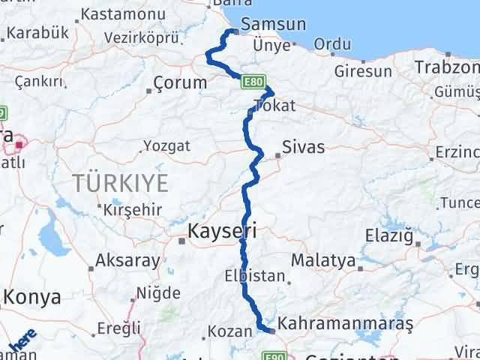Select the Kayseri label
pyautogui.click(x=222, y=232)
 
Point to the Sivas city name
pyautogui.click(x=304, y=147)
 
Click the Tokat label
pyautogui.click(x=275, y=106)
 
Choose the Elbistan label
pyautogui.click(x=254, y=276)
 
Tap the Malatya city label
pyautogui.click(x=322, y=261)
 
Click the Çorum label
pyautogui.click(x=179, y=83)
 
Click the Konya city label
pyautogui.click(x=31, y=297)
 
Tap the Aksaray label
pyautogui.click(x=128, y=262)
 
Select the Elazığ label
pyautogui.click(x=389, y=237)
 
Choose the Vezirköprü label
pyautogui.click(x=142, y=37)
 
